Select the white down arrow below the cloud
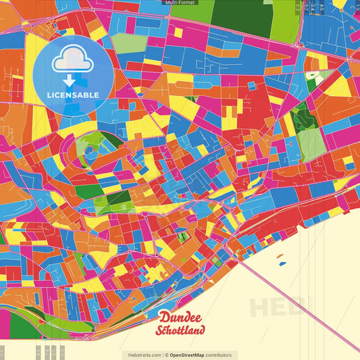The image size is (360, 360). tap(70, 80)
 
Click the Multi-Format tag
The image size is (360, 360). tap(179, 3)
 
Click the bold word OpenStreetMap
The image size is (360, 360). tap(191, 355)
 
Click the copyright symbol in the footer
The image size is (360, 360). tap(166, 355)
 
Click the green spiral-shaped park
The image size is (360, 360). tap(95, 145)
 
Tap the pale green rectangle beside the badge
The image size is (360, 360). tap(128, 43)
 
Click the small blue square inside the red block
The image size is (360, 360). tap(251, 86)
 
